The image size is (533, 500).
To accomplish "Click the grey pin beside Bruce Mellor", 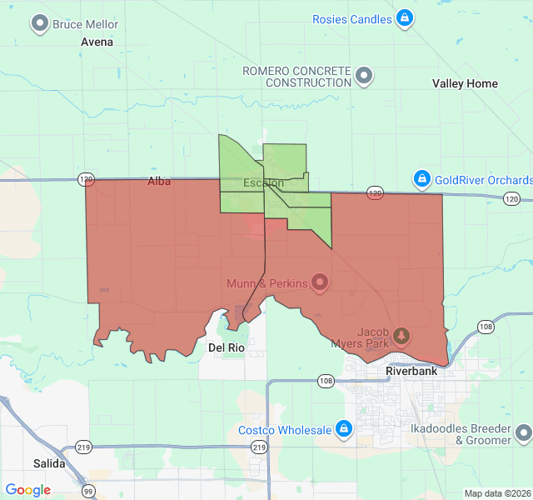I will point(39,24).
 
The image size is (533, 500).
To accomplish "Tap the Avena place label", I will point(97,42).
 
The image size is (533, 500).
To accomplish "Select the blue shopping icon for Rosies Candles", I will point(404,18).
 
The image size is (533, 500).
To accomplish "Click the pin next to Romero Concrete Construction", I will point(364,77).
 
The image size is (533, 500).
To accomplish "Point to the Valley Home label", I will point(465,83).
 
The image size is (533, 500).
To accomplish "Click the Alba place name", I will point(159,181).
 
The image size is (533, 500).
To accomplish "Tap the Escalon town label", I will point(263,182).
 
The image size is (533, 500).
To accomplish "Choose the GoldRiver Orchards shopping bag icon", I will point(422,179).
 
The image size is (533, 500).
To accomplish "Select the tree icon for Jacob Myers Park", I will point(402,335).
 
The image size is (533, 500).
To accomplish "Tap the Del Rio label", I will point(226,347).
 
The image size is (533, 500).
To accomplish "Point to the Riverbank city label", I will point(411,371).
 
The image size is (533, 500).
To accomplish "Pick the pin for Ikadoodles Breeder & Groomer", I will point(523,433).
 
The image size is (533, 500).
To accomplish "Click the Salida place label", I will point(49,462).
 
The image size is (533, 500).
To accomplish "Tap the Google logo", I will point(27,490).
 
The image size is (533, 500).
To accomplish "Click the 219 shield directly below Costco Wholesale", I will point(260,447).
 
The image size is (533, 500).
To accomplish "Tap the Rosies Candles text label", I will point(352,18).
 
